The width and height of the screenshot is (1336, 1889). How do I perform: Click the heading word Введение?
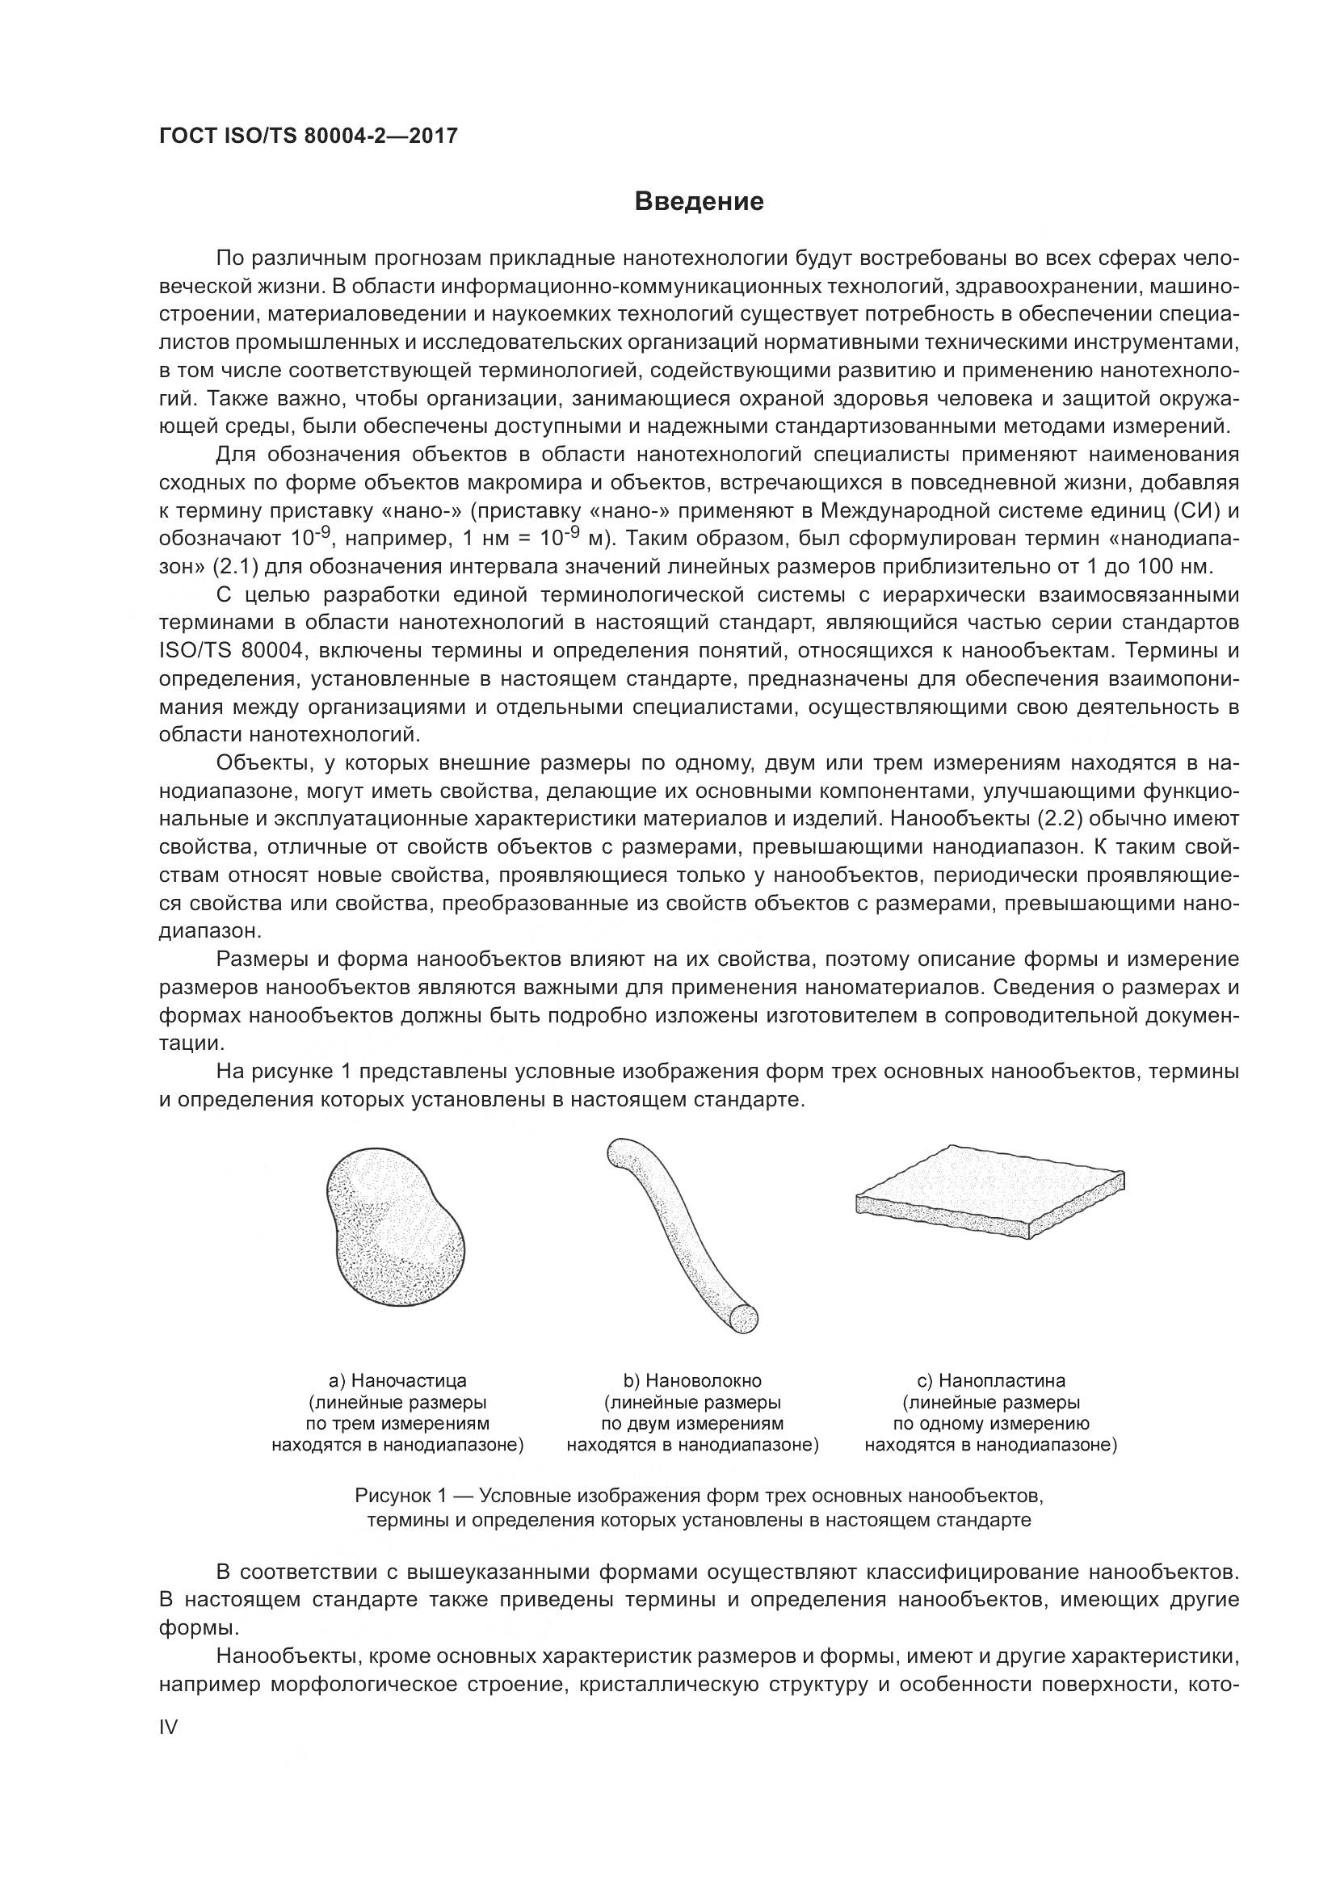pyautogui.click(x=699, y=202)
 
